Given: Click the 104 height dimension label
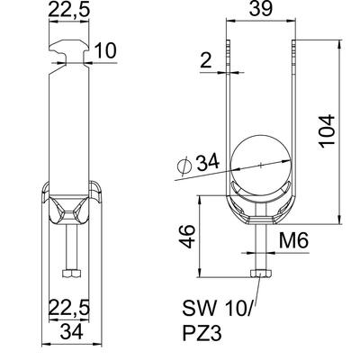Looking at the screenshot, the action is [327, 131].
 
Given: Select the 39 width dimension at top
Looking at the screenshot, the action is [261, 9].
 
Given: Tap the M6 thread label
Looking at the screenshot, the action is [293, 241].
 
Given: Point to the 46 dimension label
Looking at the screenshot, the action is [189, 237].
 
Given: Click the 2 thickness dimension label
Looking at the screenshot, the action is [206, 60].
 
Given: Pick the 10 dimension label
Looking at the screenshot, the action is [105, 50].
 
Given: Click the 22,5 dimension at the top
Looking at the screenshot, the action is [68, 10].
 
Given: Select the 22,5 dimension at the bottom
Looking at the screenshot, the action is [69, 308].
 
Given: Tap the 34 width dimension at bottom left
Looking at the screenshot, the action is [72, 332].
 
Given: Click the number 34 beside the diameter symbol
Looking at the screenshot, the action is [208, 162].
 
